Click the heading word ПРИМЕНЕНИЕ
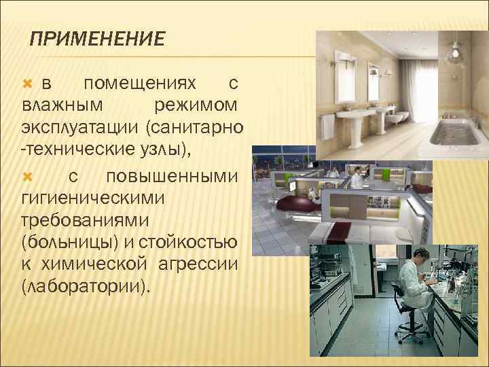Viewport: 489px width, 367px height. pyautogui.click(x=98, y=39)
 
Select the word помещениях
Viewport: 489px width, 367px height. pyautogui.click(x=139, y=84)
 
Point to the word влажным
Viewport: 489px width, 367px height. pyautogui.click(x=62, y=106)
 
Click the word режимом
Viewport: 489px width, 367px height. pyautogui.click(x=196, y=106)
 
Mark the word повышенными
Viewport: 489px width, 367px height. pyautogui.click(x=172, y=176)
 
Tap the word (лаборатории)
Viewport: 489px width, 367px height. pyautogui.click(x=85, y=287)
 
